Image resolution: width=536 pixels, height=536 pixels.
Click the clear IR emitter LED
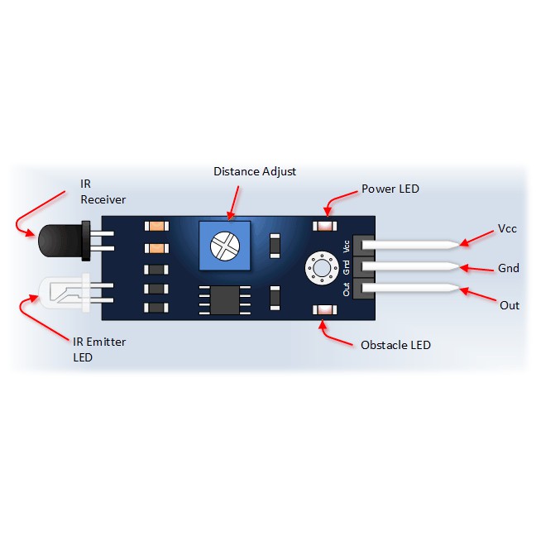pos(65,294)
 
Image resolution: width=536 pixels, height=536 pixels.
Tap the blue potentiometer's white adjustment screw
pos(225,246)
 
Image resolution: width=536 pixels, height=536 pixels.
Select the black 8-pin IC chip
pos(225,300)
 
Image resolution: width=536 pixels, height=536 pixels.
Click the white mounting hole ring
pos(322,268)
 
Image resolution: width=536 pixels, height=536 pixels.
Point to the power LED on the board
pos(325,226)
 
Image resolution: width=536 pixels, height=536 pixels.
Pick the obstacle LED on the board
pos(325,310)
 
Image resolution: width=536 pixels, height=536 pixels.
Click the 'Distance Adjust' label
pos(255,171)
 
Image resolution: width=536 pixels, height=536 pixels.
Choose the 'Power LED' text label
pos(390,189)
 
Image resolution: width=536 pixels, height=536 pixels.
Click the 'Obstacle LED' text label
pos(395,345)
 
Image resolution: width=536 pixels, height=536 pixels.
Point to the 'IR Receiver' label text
pos(103,192)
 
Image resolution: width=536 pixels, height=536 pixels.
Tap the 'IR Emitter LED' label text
pos(99,350)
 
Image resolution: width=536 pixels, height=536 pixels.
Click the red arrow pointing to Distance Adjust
pos(234,203)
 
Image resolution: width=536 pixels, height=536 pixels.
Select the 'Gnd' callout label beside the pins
pos(509,268)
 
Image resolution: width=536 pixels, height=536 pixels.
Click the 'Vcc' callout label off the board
pos(507,228)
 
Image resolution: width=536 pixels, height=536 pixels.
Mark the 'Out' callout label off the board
pos(510,305)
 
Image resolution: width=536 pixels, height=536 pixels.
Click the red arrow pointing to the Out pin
pos(477,294)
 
